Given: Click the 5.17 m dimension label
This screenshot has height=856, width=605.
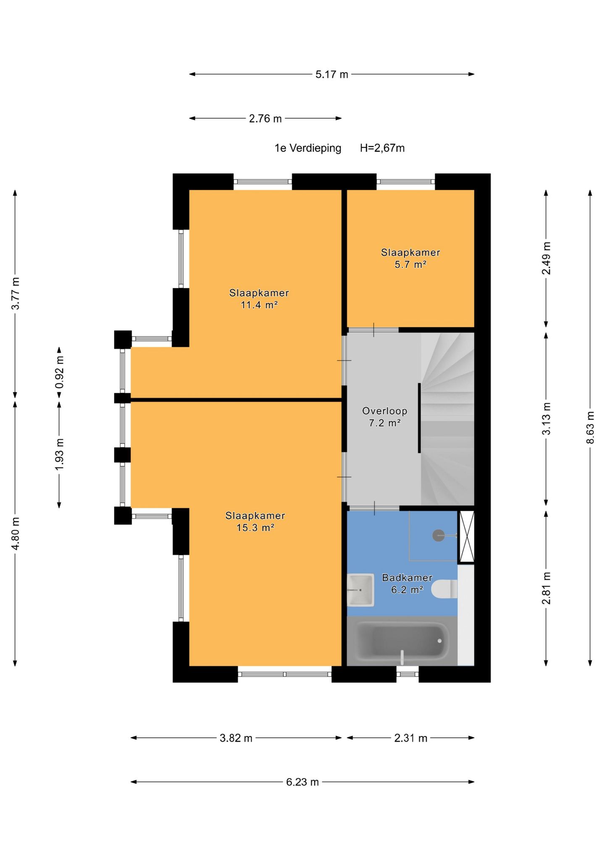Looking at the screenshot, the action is pos(332,74).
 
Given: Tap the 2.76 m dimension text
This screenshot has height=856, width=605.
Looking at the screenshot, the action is pos(265,119).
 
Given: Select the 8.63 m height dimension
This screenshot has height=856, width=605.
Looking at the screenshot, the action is pos(590,427).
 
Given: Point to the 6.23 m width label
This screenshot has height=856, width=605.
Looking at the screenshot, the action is pos(302,782).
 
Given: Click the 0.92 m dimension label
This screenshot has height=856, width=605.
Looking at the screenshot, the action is pos(59,372).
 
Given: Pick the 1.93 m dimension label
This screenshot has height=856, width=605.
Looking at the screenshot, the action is pos(59,454).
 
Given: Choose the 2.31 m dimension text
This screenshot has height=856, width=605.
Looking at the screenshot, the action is pos(410,738).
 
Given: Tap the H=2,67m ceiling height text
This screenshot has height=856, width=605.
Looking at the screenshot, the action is pos(382,148).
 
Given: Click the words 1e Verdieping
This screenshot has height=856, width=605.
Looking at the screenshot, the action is pos(308,148).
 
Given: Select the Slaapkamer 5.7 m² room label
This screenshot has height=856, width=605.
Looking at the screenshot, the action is pos(410,258).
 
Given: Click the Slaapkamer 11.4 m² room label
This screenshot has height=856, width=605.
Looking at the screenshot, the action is pos(259,299).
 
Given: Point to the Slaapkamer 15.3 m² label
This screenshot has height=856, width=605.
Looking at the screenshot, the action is pos(255,521).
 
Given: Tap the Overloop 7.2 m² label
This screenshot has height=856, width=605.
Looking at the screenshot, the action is pos(384,417).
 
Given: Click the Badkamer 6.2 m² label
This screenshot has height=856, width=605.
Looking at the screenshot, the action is pos(407,584).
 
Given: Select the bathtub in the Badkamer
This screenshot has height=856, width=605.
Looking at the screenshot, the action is pos(402,641).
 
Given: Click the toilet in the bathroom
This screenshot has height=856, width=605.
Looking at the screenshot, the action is pos(444,589).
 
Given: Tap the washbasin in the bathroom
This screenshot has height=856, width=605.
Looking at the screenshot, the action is pos(360,590).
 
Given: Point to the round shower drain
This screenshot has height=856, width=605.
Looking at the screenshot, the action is pos(439,535).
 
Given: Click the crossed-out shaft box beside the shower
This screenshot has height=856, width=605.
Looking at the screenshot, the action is pos(466,536).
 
